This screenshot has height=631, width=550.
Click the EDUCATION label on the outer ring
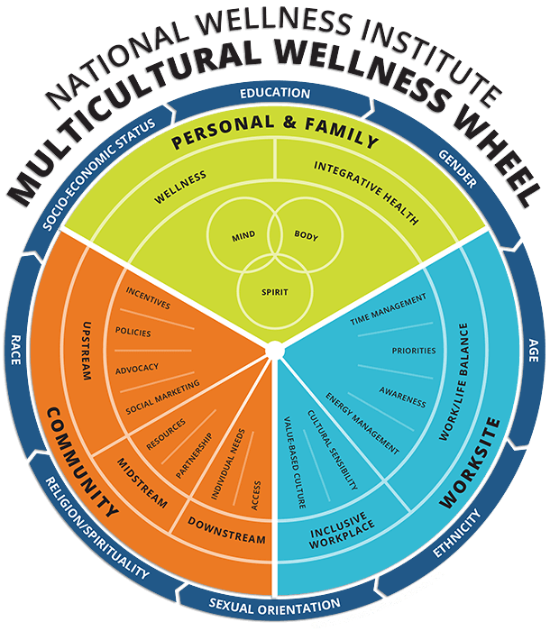(x=275, y=94)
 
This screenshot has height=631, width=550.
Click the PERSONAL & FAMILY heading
(x=274, y=139)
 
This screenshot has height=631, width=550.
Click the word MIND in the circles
(x=243, y=237)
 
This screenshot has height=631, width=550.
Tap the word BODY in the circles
(x=307, y=235)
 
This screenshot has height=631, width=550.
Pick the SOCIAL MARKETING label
(x=161, y=398)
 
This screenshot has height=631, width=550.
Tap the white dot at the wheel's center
(x=275, y=349)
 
